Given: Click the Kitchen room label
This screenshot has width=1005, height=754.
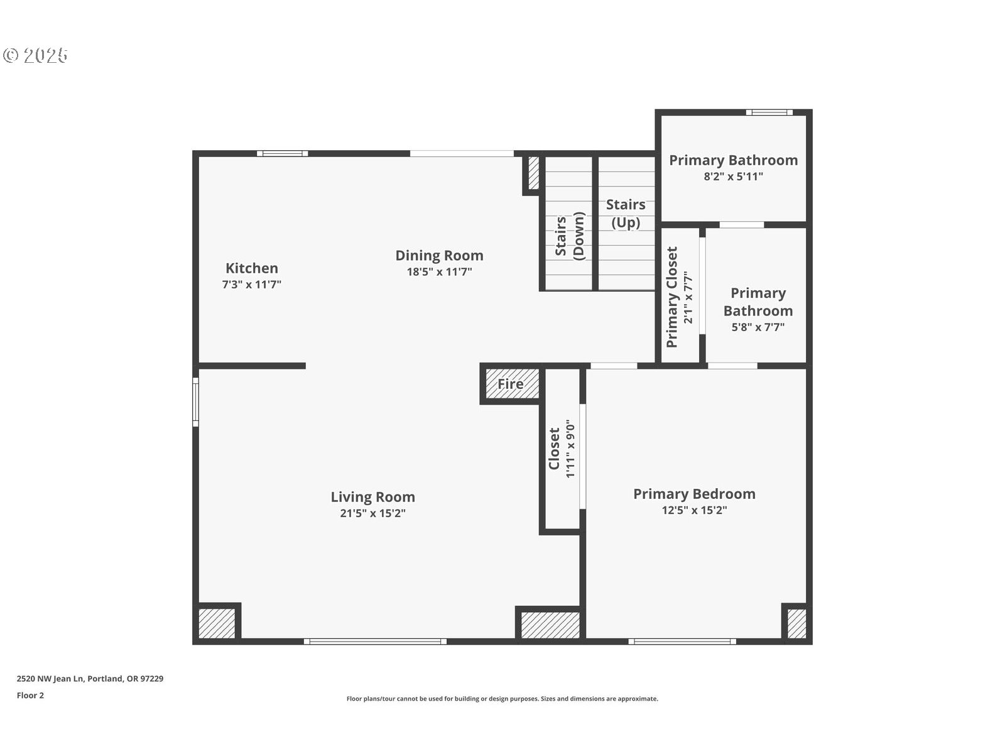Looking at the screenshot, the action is (x=251, y=268).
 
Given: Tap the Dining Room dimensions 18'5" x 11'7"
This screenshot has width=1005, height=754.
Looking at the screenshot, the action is (x=439, y=271).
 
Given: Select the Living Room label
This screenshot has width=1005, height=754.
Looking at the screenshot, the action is (x=372, y=497).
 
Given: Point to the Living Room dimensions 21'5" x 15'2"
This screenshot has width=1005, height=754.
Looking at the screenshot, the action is (x=372, y=513).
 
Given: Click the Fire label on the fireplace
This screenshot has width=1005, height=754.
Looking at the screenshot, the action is (x=510, y=384).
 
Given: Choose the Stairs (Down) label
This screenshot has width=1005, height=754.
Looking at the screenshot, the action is (x=570, y=236).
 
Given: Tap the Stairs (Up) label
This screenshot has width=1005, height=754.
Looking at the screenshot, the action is (x=626, y=214).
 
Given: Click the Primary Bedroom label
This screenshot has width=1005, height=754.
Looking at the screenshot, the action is (x=694, y=494).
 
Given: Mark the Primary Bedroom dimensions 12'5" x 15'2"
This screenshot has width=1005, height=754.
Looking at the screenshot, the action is (x=694, y=510).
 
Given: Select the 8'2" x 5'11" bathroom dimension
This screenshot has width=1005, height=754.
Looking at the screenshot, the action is (x=734, y=177).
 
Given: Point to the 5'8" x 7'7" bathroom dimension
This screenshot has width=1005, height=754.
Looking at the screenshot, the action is (x=758, y=327).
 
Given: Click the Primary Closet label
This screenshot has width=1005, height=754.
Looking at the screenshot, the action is (x=671, y=297).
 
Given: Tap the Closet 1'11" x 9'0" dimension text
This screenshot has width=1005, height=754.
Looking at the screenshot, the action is (x=570, y=449).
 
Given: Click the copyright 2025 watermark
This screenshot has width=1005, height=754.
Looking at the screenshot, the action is (x=35, y=55).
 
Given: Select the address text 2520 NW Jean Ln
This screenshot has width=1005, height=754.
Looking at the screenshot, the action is (x=50, y=679).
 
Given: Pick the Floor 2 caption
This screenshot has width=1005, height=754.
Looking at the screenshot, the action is (x=30, y=696).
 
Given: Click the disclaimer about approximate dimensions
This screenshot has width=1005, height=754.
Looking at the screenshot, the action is (x=503, y=699).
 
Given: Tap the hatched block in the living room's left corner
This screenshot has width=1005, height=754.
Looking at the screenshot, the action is (x=217, y=623).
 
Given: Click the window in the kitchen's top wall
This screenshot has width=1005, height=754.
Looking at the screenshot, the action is (x=282, y=153).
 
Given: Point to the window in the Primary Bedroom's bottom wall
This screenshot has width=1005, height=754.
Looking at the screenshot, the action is (x=682, y=642).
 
